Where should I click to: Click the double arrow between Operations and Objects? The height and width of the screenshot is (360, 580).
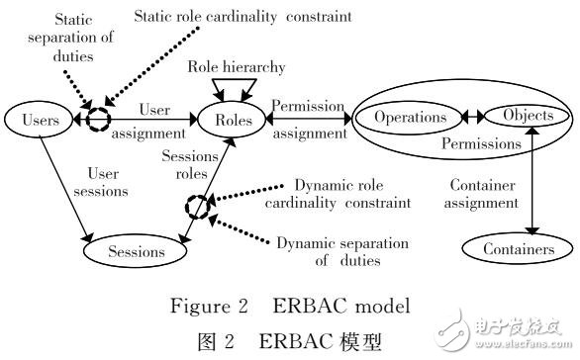(x=474, y=116)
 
